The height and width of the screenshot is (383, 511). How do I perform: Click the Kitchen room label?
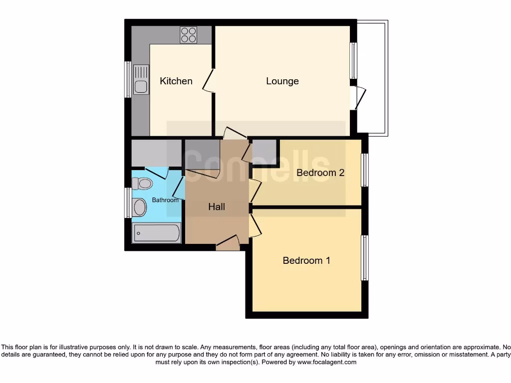point(176,81)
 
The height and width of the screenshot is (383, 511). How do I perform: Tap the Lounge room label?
point(282,81)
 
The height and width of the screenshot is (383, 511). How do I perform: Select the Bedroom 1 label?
point(306,260)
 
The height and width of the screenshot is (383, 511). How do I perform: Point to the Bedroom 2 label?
point(320,173)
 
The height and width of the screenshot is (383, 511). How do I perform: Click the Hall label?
point(217,206)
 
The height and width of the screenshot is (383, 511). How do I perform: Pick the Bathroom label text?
point(165,200)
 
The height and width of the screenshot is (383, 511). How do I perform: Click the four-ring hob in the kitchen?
point(188,35)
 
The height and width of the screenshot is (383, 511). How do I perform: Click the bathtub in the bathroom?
point(156,232)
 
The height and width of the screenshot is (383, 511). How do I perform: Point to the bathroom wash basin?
point(139,207)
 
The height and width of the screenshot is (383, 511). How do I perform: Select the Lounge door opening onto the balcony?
point(358,98)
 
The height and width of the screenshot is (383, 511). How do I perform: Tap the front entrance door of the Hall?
point(228,244)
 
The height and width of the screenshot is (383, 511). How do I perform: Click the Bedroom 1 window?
point(365,257)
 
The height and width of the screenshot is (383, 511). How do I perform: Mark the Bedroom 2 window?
point(365,170)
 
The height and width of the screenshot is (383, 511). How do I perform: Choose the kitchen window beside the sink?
point(128,79)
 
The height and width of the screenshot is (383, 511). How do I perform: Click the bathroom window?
point(128,202)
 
